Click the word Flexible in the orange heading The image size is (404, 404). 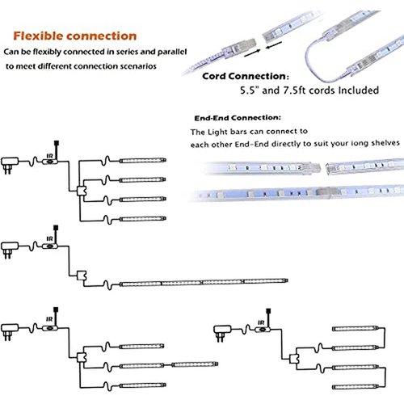pyautogui.click(x=39, y=36)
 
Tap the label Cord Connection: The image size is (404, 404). pyautogui.click(x=246, y=76)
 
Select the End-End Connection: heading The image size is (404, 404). pyautogui.click(x=238, y=118)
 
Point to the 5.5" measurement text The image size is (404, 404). pyautogui.click(x=250, y=90)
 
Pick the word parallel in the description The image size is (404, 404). pyautogui.click(x=172, y=52)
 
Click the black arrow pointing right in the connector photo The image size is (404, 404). pyautogui.click(x=252, y=53)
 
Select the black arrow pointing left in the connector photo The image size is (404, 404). pyautogui.click(x=274, y=45)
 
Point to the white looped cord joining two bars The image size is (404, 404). pyautogui.click(x=318, y=60)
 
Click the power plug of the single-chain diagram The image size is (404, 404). pyautogui.click(x=10, y=250)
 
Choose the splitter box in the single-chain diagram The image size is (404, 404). pyautogui.click(x=82, y=276)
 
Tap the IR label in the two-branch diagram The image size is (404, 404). pyautogui.click(x=261, y=322)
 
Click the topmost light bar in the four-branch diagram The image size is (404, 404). pyautogui.click(x=143, y=161)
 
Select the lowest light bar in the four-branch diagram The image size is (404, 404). pyautogui.click(x=143, y=219)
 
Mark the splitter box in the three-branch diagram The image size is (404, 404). pyautogui.click(x=82, y=357)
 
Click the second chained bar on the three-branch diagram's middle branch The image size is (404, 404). pyautogui.click(x=195, y=364)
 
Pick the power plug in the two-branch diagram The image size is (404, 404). pyautogui.click(x=222, y=333)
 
